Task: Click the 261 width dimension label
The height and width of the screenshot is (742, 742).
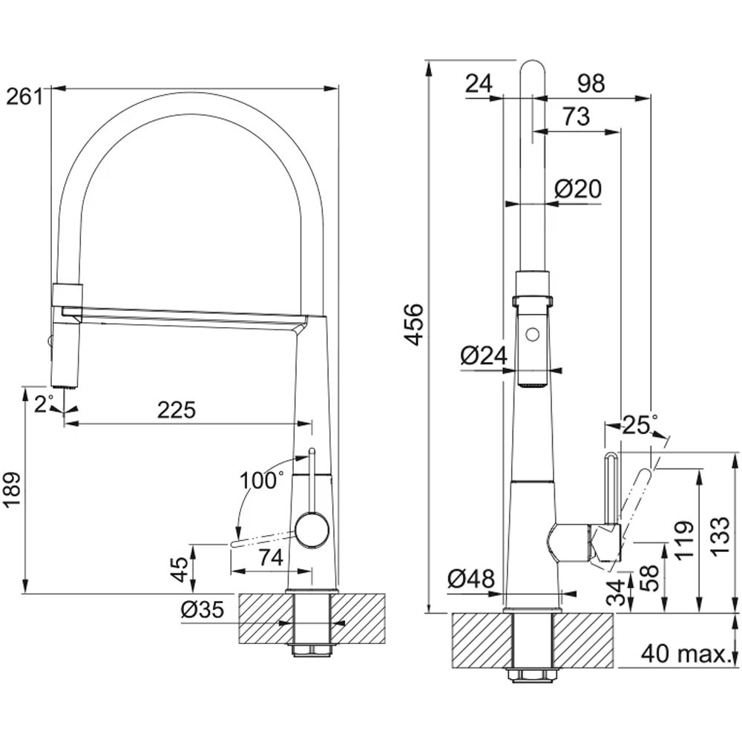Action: [x=24, y=97]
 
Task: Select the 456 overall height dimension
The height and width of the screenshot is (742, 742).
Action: [x=414, y=325]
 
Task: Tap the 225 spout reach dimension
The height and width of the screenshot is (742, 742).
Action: [x=176, y=410]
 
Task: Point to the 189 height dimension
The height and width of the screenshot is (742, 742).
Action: [x=13, y=489]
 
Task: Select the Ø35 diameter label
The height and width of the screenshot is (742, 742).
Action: [x=202, y=610]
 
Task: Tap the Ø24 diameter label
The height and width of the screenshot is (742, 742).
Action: [x=484, y=355]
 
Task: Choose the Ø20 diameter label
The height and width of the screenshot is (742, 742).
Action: [x=578, y=188]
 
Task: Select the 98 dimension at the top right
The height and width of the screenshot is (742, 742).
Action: [x=591, y=84]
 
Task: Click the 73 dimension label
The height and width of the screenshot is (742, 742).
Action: [x=577, y=116]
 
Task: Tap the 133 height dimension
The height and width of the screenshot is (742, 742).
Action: [x=719, y=536]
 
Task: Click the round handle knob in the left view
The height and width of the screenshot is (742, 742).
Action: [x=312, y=531]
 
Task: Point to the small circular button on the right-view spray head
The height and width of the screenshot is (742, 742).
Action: [x=533, y=334]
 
